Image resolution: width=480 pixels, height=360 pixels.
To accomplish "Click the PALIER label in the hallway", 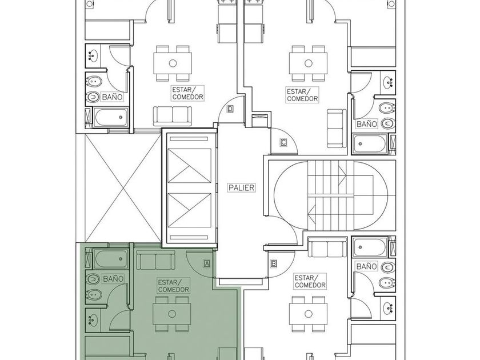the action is click(x=242, y=187).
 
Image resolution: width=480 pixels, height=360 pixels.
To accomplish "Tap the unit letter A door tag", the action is click(x=207, y=263).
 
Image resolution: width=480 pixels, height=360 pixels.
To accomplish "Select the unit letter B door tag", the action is click(x=274, y=263).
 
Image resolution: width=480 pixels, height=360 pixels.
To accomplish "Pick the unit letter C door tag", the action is click(x=283, y=142).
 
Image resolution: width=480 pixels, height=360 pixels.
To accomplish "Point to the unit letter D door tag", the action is click(x=230, y=109).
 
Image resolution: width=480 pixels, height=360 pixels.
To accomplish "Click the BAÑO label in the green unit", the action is click(x=113, y=279).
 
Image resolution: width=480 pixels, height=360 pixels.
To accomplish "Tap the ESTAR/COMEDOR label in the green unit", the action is click(x=173, y=286).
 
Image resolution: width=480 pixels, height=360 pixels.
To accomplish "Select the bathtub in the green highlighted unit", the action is click(x=111, y=259).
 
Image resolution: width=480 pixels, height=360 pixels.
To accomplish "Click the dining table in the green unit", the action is click(x=172, y=314).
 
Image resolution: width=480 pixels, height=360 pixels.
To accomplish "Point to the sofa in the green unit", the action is click(x=156, y=259).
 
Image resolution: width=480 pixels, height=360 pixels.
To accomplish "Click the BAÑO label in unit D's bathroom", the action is click(x=113, y=97).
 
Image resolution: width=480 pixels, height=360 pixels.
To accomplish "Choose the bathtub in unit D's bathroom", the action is click(x=110, y=118).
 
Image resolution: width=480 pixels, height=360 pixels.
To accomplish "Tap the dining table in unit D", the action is click(x=173, y=63).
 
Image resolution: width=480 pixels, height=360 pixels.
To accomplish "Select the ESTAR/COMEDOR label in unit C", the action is click(x=302, y=95).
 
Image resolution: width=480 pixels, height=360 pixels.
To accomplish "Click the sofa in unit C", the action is click(x=337, y=128).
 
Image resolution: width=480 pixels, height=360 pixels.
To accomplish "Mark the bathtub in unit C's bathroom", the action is click(x=370, y=144).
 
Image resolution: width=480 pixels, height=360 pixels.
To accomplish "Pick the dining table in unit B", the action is click(x=308, y=314).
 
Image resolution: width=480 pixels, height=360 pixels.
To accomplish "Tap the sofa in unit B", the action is click(x=327, y=248).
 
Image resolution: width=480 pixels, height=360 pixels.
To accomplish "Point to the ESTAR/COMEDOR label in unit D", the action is click(x=187, y=93).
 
